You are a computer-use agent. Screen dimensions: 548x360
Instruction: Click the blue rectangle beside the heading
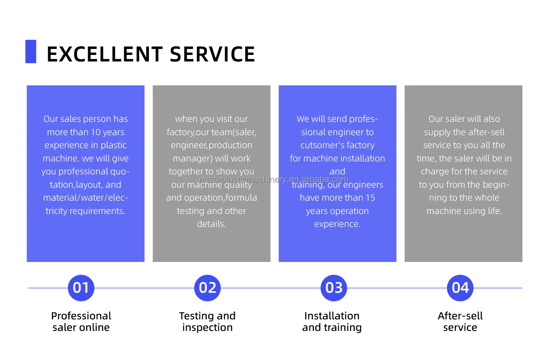coord(31,51)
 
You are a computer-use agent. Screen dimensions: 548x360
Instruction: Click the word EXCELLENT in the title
coord(104,55)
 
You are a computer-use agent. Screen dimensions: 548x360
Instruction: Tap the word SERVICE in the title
coord(212,55)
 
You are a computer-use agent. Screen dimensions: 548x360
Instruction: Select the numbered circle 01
coord(81,288)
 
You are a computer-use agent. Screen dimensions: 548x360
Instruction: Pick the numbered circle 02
coord(207,288)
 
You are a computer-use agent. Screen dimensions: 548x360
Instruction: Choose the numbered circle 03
coord(334,288)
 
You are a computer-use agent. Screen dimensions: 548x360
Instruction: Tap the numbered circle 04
coord(460,288)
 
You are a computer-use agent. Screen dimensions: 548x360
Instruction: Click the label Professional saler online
coord(81,321)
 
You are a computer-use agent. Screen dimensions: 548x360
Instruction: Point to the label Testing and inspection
coord(207,321)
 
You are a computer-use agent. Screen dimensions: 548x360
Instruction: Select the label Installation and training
coord(332,321)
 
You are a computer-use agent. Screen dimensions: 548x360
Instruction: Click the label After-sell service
coord(460,321)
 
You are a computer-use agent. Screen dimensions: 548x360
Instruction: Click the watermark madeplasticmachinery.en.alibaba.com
coord(274,180)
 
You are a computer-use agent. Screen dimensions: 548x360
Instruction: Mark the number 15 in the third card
coord(370,198)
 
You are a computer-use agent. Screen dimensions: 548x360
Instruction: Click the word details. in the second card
coord(211,224)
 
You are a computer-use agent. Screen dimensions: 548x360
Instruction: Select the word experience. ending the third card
coord(337,224)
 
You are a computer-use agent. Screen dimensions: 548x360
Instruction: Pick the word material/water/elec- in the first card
coord(85,198)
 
